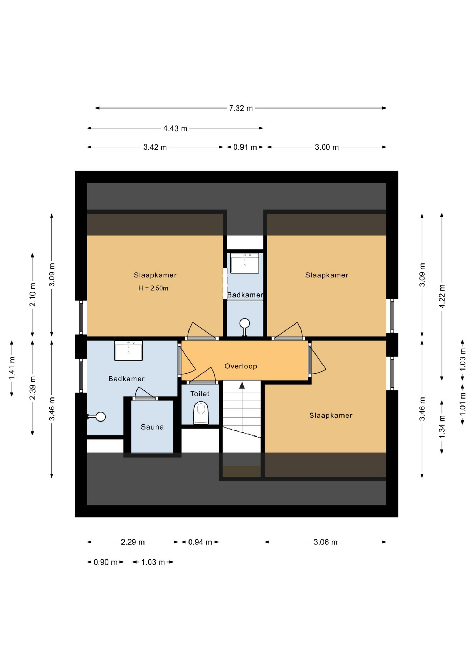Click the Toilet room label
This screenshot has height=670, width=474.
[200, 394]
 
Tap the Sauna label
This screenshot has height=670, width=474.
[152, 427]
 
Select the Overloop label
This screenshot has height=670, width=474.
[241, 366]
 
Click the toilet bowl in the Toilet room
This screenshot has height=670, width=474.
[201, 412]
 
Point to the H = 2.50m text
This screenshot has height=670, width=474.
[153, 288]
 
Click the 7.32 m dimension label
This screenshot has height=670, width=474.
[241, 108]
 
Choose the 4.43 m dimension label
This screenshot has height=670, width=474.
[175, 128]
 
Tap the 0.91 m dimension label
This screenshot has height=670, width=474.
[245, 147]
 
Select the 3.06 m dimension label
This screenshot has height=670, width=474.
[326, 542]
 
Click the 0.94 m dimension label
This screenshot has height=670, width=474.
[200, 542]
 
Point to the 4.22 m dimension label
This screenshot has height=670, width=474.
[442, 296]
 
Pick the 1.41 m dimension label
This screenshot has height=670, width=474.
[12, 368]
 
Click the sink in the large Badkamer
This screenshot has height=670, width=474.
[129, 350]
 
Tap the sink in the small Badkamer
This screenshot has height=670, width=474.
[245, 263]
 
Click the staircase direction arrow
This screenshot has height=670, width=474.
[242, 385]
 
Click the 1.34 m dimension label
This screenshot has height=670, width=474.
[442, 427]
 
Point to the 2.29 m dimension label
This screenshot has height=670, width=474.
[133, 542]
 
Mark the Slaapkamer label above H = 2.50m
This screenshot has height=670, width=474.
[155, 275]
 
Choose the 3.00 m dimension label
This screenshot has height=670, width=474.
[327, 147]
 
